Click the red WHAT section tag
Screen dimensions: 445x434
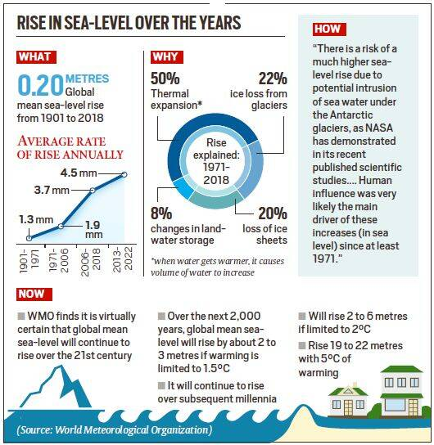34,57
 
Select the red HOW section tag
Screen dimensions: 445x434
328,29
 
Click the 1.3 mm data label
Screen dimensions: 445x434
35,220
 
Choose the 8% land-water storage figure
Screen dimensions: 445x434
161,215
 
